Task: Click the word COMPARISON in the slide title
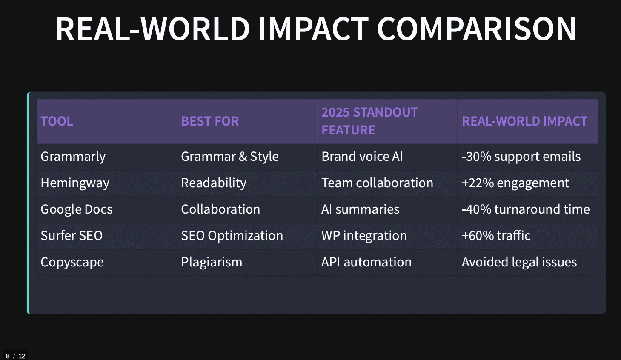(x=477, y=29)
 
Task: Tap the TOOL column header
(x=57, y=121)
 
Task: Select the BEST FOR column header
(x=210, y=121)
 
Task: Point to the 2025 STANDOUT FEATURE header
(x=369, y=121)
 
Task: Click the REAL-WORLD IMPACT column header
(x=524, y=121)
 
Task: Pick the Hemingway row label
(x=75, y=183)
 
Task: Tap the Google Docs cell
(x=77, y=209)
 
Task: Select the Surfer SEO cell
(x=72, y=236)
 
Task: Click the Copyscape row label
(x=72, y=262)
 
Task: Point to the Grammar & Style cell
(x=230, y=157)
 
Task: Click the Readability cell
(x=214, y=183)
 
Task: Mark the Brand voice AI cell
(x=362, y=157)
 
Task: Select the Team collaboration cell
(x=377, y=183)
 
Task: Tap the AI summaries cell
(x=360, y=209)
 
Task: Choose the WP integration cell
(x=364, y=236)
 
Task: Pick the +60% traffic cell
(x=496, y=236)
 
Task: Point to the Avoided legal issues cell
(x=519, y=262)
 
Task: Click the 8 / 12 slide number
(x=15, y=356)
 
